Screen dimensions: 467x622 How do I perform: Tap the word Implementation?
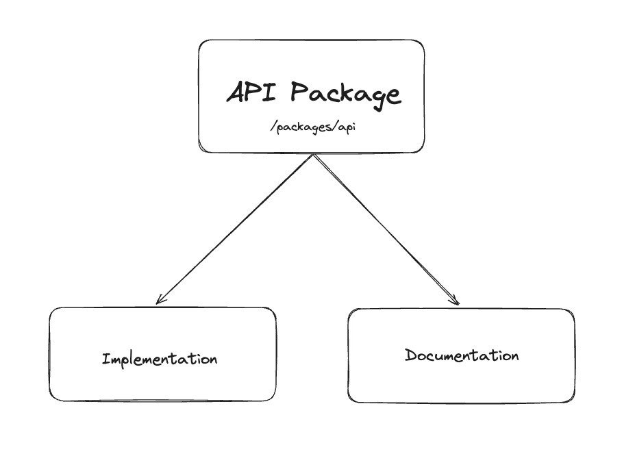click(160, 359)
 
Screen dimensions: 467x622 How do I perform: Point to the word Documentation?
click(462, 355)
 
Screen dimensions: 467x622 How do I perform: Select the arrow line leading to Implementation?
click(236, 228)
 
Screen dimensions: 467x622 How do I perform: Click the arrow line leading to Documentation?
click(386, 229)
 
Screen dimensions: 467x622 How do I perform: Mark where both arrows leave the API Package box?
click(313, 155)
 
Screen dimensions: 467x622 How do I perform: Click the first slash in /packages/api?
click(274, 128)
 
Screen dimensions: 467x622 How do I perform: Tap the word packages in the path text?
click(305, 129)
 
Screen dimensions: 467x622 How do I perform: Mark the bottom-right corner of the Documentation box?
click(572, 400)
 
